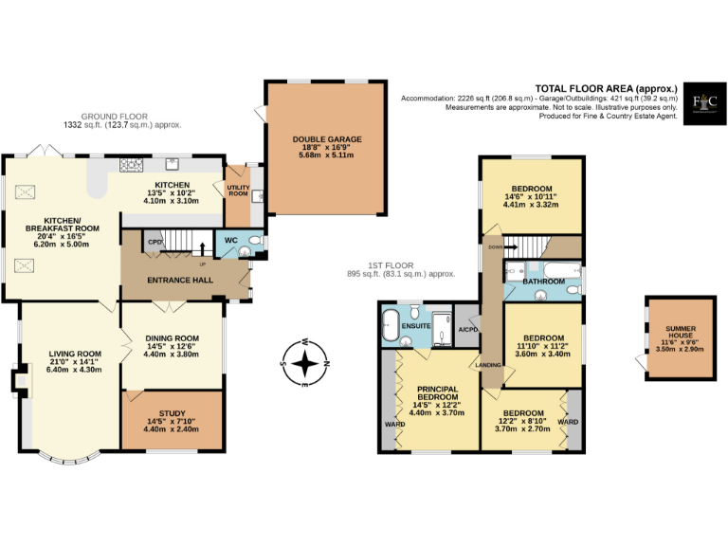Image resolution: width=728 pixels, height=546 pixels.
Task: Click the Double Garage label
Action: pyautogui.click(x=327, y=139)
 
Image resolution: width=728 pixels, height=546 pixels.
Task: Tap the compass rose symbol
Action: pyautogui.click(x=304, y=363)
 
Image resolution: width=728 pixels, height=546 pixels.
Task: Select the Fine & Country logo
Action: pyautogui.click(x=703, y=100)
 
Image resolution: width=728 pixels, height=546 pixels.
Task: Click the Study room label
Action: pyautogui.click(x=172, y=413)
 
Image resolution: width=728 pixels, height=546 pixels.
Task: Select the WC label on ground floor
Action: pyautogui.click(x=231, y=241)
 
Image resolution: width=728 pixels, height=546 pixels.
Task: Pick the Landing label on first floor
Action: pyautogui.click(x=488, y=364)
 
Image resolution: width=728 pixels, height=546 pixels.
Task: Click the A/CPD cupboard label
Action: pyautogui.click(x=468, y=330)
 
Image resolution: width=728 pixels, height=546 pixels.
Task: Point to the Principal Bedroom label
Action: pyautogui.click(x=437, y=393)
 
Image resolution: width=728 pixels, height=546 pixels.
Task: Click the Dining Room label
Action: pyautogui.click(x=172, y=338)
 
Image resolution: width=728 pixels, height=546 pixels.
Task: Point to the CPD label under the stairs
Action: pyautogui.click(x=154, y=242)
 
